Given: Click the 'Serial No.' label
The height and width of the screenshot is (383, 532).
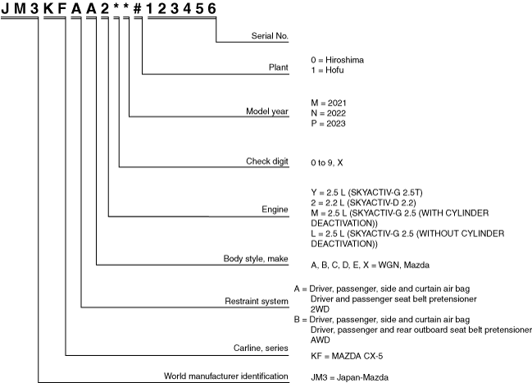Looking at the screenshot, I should click(x=270, y=37).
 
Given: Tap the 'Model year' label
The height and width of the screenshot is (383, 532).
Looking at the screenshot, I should click(x=268, y=111).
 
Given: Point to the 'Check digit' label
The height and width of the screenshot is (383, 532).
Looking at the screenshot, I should click(x=268, y=162).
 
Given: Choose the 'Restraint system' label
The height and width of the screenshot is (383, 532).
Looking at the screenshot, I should click(x=258, y=302).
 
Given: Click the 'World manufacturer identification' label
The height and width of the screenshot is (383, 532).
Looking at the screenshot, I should click(x=226, y=376).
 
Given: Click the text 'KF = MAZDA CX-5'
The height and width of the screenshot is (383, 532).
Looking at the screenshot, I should click(x=345, y=355).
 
